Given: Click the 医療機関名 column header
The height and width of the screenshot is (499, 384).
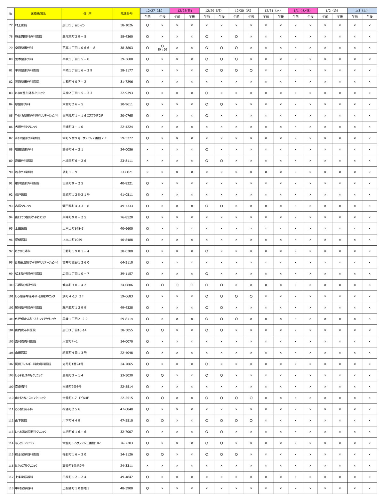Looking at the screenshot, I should click(x=38, y=14).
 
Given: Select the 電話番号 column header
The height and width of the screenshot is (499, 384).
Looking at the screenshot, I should click(x=126, y=14).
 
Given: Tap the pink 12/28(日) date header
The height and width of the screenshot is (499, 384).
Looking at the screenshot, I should click(x=184, y=11).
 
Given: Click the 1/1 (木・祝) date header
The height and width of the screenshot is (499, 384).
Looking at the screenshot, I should click(x=303, y=11).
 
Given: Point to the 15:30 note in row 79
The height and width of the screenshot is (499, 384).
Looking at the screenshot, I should click(x=162, y=50).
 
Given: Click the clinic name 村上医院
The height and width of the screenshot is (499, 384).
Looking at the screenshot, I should click(x=21, y=25).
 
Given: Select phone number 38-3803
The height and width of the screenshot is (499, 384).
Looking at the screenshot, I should click(x=126, y=48).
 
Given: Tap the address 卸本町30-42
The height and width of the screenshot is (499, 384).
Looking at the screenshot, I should click(x=74, y=285).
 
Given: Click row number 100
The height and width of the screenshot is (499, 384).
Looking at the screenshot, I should click(x=11, y=285).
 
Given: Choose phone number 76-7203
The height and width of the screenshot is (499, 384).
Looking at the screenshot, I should click(x=126, y=443).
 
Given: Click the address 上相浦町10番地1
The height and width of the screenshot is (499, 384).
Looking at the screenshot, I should click(x=76, y=488).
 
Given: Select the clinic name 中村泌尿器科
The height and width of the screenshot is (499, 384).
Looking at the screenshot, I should click(x=24, y=488).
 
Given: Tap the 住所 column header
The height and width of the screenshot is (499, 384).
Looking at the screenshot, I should click(x=87, y=14).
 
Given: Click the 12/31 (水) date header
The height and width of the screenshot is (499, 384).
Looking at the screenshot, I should click(x=273, y=11).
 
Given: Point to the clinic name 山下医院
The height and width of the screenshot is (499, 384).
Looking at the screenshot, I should click(x=21, y=420).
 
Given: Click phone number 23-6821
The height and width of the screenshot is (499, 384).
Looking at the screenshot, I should click(x=126, y=172).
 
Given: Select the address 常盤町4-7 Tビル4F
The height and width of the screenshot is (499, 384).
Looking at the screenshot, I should click(x=76, y=398).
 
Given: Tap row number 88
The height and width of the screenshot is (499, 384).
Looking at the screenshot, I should click(x=11, y=149).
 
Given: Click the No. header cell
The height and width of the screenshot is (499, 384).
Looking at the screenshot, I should click(x=11, y=14).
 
